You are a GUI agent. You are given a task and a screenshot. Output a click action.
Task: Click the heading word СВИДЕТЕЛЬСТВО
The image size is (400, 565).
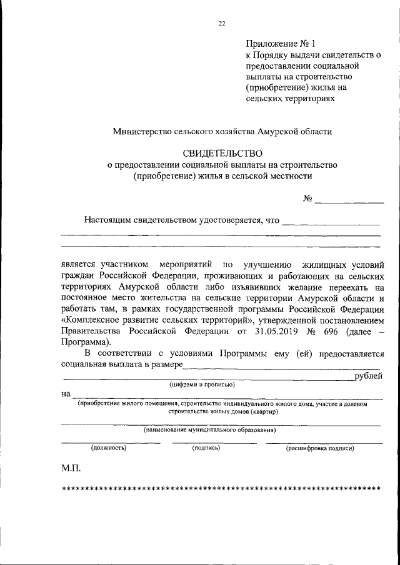tap(222, 153)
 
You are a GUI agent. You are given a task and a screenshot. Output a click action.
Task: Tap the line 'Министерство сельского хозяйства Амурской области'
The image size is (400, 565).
tap(222, 131)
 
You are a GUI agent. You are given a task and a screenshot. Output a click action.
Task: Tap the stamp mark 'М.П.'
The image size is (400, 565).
tap(71, 467)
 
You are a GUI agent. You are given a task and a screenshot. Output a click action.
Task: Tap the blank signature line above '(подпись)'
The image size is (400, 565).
tap(213, 442)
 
